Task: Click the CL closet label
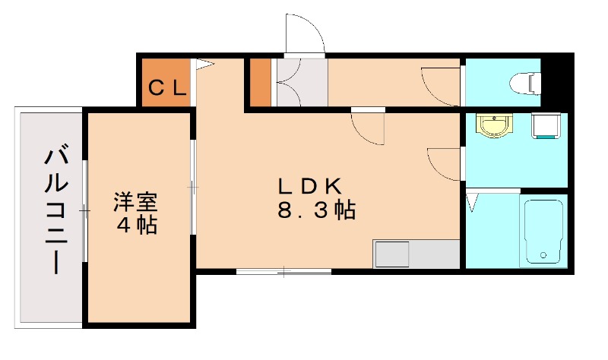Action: click(166, 87)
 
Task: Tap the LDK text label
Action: click(312, 185)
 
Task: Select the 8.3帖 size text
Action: click(316, 210)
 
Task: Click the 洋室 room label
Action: click(136, 203)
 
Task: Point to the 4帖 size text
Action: click(137, 226)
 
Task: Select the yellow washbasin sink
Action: click(495, 125)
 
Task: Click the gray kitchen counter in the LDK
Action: click(416, 254)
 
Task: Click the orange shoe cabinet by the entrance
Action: click(261, 82)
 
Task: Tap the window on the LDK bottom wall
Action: click(283, 270)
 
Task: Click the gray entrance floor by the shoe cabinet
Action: click(301, 82)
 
